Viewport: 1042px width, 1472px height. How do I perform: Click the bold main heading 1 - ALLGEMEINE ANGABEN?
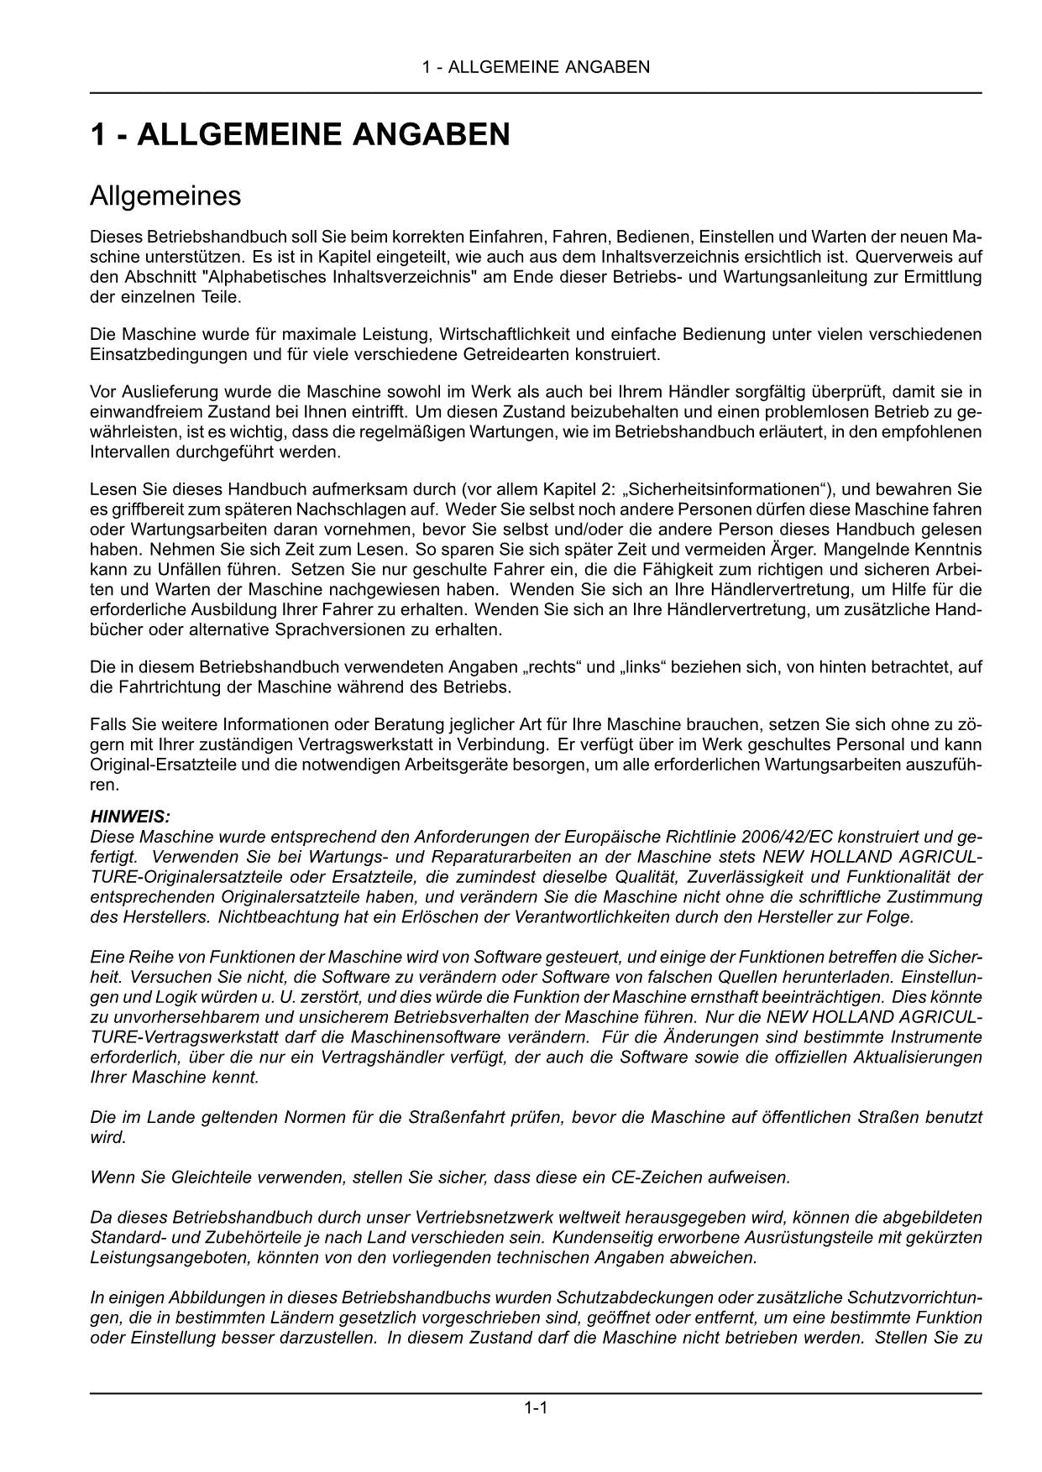click(x=300, y=135)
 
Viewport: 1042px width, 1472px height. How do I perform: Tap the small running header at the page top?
click(x=536, y=67)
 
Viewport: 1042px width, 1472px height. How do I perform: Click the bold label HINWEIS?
click(x=130, y=817)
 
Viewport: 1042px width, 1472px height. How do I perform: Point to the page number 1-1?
click(x=536, y=1408)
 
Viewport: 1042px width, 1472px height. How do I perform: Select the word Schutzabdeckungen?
click(x=600, y=1297)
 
